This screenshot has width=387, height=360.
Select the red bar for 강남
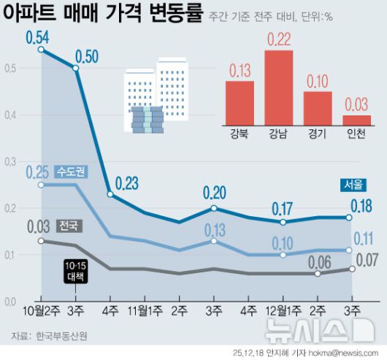coord(279,88)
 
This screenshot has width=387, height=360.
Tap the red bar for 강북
coord(240,104)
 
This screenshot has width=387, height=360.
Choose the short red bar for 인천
coord(356,120)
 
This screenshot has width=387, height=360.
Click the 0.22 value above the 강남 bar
coord(279,40)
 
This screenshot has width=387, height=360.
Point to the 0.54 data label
coord(37,36)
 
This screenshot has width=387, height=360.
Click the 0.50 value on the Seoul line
coord(88,55)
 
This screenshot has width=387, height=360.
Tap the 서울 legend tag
coord(354,185)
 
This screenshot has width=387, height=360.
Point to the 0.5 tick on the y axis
coord(9,69)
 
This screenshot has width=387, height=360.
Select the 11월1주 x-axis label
coord(145,311)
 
